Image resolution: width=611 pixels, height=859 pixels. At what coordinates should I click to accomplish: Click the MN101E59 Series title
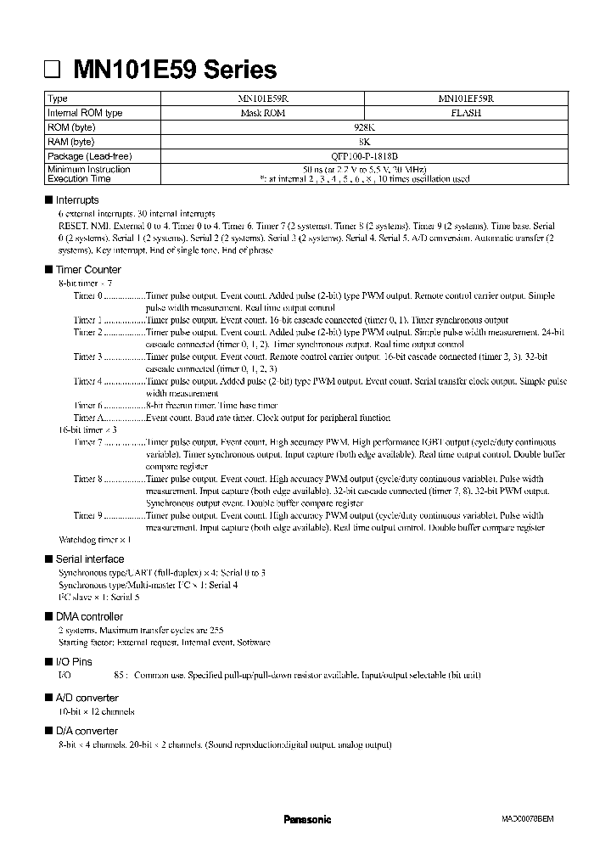pyautogui.click(x=175, y=69)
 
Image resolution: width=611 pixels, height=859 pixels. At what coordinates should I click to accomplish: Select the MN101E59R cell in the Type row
pyautogui.click(x=263, y=99)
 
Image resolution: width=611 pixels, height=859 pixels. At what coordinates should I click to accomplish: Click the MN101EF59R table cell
pyautogui.click(x=466, y=99)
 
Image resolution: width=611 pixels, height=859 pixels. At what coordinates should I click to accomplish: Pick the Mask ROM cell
pyautogui.click(x=263, y=113)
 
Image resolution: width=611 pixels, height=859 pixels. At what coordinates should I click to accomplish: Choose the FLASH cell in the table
pyautogui.click(x=466, y=113)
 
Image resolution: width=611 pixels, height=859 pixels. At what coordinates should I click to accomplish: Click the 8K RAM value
pyautogui.click(x=364, y=142)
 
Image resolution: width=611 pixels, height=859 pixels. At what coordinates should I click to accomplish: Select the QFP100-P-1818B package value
pyautogui.click(x=364, y=156)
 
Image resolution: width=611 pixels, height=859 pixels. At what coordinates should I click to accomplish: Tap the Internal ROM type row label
pyautogui.click(x=85, y=113)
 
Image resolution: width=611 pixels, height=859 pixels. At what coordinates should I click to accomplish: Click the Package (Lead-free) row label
pyautogui.click(x=90, y=156)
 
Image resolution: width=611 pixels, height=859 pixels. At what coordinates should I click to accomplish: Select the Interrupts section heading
pyautogui.click(x=77, y=200)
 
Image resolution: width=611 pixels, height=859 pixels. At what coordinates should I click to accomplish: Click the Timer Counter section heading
pyautogui.click(x=88, y=269)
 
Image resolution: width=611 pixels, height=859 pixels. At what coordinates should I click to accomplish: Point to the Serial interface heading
pyautogui.click(x=89, y=559)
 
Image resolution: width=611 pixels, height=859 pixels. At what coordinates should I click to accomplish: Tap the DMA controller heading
pyautogui.click(x=89, y=616)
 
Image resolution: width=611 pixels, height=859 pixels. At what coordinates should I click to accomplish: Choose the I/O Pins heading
pyautogui.click(x=74, y=661)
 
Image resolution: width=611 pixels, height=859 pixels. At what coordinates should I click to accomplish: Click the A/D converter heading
pyautogui.click(x=87, y=698)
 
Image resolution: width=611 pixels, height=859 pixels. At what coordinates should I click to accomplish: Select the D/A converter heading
pyautogui.click(x=87, y=731)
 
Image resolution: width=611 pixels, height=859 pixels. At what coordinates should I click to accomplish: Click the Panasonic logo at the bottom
pyautogui.click(x=306, y=820)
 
